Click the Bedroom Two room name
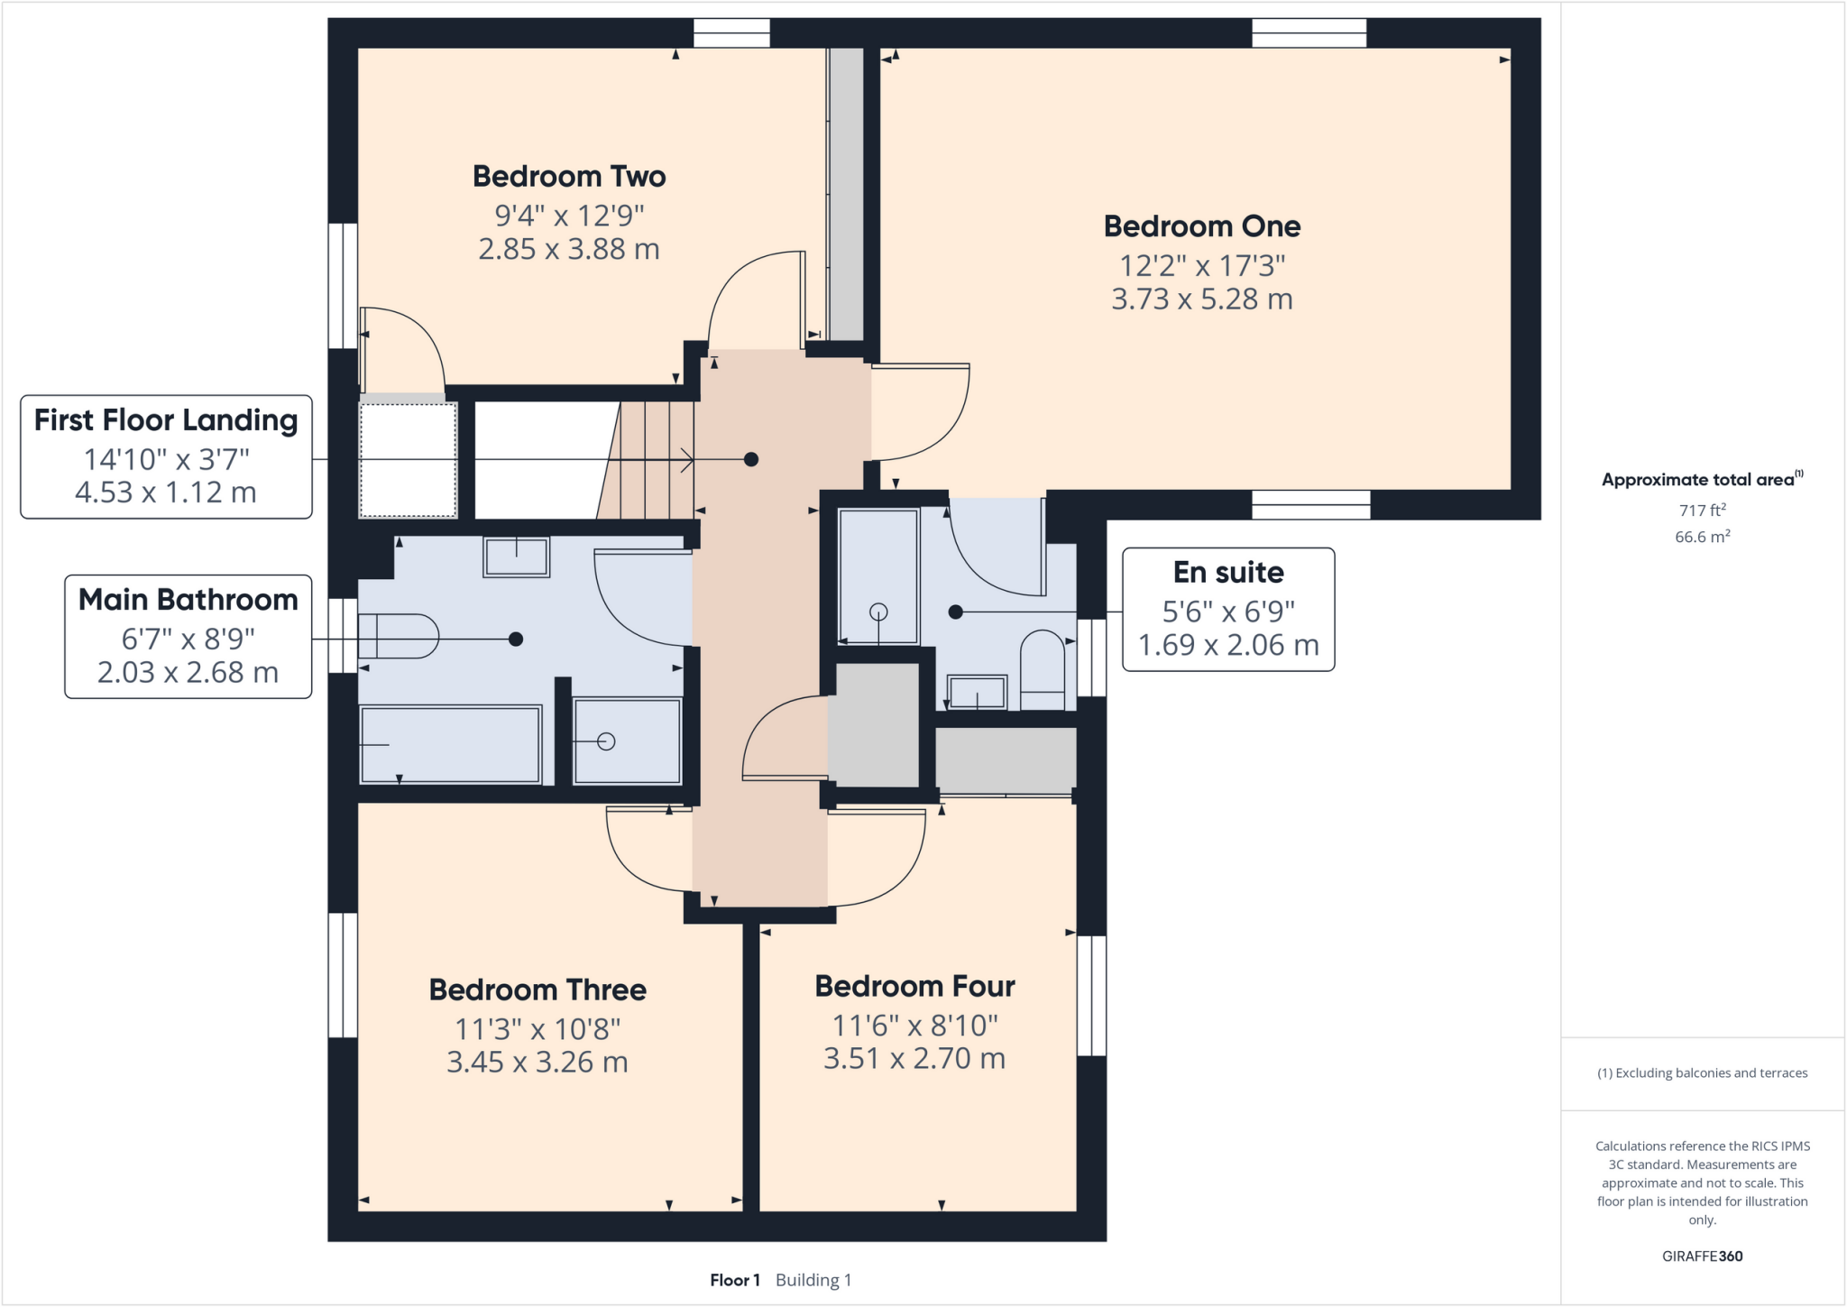point(569,176)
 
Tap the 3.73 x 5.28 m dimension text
point(1201,299)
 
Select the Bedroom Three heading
point(538,989)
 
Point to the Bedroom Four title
point(914,986)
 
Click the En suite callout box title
point(1227,572)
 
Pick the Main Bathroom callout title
point(188,599)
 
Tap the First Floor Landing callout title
point(166,420)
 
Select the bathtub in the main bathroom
point(450,744)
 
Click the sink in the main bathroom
point(516,557)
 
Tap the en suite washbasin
point(977,693)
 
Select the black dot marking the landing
point(750,460)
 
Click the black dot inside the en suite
point(956,612)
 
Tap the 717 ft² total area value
point(1702,511)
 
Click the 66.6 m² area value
point(1702,537)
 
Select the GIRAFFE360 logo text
point(1702,1256)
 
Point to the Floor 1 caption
point(734,1280)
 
